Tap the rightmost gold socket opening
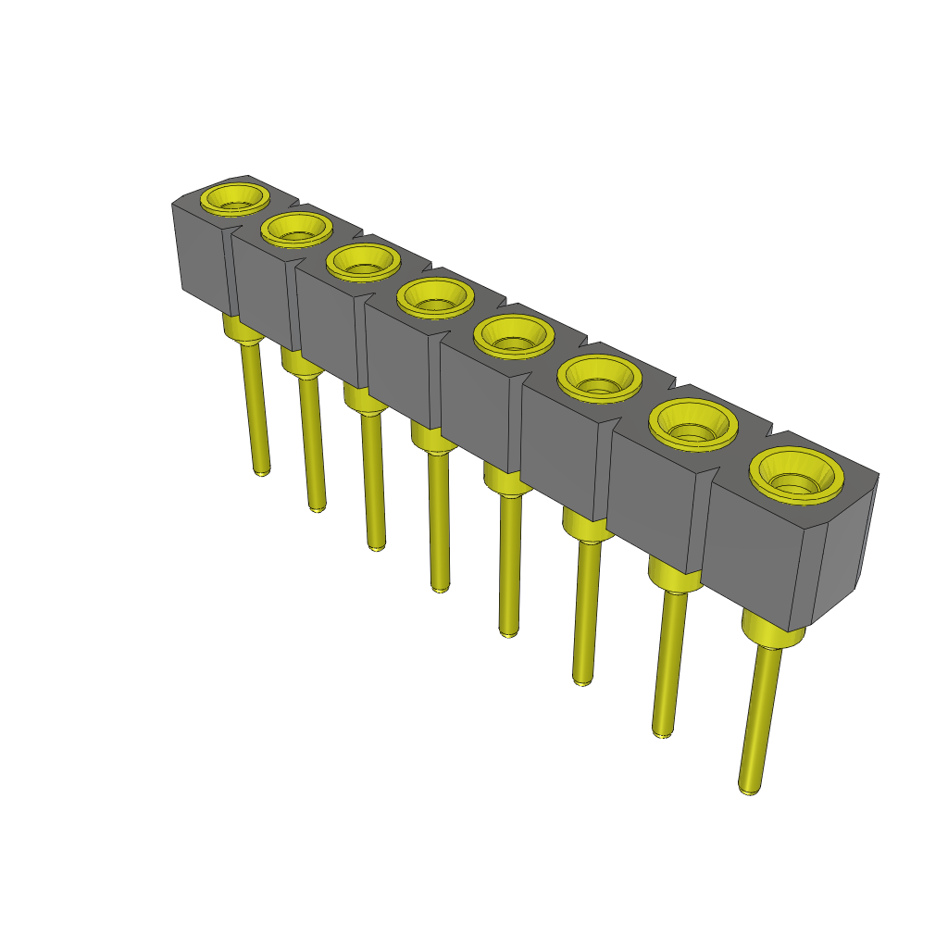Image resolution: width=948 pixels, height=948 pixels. [796, 476]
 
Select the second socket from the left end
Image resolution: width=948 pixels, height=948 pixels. [296, 229]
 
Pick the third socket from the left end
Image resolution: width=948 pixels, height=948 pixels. [362, 262]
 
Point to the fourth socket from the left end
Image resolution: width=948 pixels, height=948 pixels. [434, 297]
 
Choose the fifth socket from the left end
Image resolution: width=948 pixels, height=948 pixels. [513, 335]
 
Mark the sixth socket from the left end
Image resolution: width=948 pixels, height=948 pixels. [599, 377]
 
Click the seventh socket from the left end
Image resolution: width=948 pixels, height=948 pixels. [692, 424]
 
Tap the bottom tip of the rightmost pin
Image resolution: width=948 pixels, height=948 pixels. [749, 790]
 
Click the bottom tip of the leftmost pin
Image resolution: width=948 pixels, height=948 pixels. [262, 471]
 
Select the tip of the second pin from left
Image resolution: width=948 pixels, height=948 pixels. [317, 507]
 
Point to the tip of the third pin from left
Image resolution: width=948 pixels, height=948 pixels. [376, 547]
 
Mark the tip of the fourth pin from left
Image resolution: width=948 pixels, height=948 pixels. [441, 587]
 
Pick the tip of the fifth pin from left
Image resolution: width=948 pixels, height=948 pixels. [508, 632]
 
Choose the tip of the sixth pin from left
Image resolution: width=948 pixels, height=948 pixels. [581, 680]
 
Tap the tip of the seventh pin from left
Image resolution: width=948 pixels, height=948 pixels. [662, 732]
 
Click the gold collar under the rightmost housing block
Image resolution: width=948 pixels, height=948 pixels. [772, 634]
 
